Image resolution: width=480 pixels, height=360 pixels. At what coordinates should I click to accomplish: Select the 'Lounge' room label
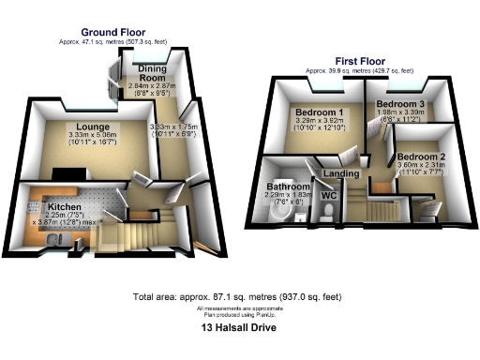(x=94, y=127)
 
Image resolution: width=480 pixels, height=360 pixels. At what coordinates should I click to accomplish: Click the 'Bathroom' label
(x=287, y=187)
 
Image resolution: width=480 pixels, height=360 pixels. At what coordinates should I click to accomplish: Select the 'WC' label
(x=328, y=195)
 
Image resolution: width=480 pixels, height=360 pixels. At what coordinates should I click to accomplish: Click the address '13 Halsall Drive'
(x=239, y=329)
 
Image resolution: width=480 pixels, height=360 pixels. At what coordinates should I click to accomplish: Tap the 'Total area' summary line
(x=239, y=295)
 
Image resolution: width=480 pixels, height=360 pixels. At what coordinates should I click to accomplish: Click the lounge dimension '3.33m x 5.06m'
(x=94, y=136)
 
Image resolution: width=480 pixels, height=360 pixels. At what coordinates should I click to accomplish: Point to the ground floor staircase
(x=141, y=230)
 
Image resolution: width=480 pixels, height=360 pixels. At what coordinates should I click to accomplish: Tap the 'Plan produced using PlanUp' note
(x=239, y=314)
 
